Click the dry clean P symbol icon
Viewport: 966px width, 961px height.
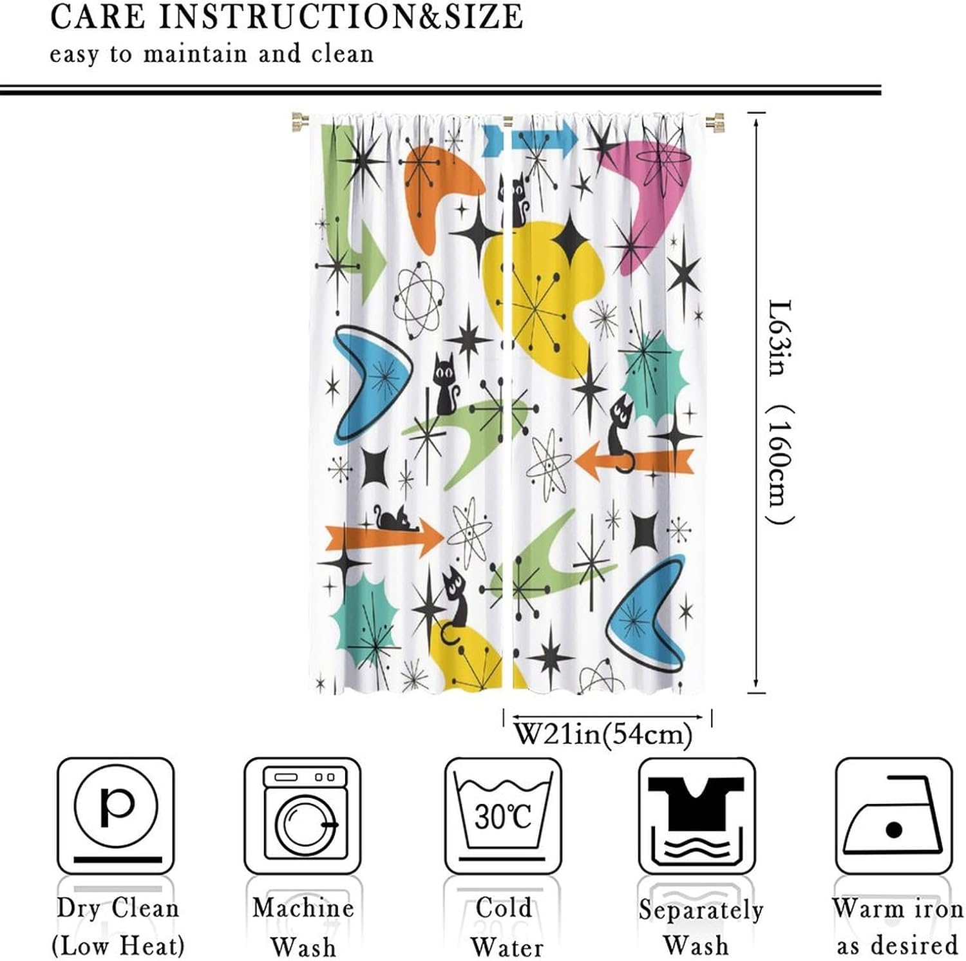pyautogui.click(x=116, y=815)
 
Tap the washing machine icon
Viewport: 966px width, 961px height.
pyautogui.click(x=303, y=815)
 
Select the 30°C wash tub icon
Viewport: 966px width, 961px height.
pyautogui.click(x=503, y=815)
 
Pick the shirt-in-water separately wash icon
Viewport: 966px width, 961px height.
pyautogui.click(x=696, y=815)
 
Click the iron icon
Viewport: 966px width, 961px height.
pyautogui.click(x=893, y=815)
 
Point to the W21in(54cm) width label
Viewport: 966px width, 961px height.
pyautogui.click(x=604, y=734)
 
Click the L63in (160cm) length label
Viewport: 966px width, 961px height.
pyautogui.click(x=781, y=412)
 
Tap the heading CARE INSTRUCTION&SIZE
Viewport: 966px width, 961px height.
pyautogui.click(x=287, y=17)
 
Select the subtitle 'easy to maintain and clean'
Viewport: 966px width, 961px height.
pyautogui.click(x=212, y=54)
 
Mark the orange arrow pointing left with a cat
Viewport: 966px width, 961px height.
pyautogui.click(x=634, y=461)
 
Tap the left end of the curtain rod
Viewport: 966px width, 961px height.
pyautogui.click(x=300, y=121)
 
